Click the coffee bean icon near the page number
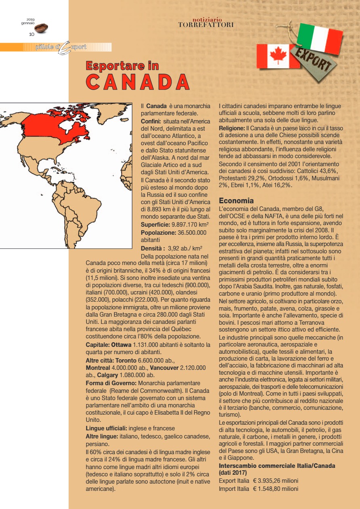coord(41,28)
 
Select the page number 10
coord(31,34)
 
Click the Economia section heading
coord(236,200)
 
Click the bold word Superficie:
coord(155,224)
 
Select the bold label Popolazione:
coord(158,233)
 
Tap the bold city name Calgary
coord(108,375)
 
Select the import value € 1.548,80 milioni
coord(276,489)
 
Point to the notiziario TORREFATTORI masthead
coord(206,23)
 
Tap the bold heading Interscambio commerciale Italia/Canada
coord(277,466)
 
